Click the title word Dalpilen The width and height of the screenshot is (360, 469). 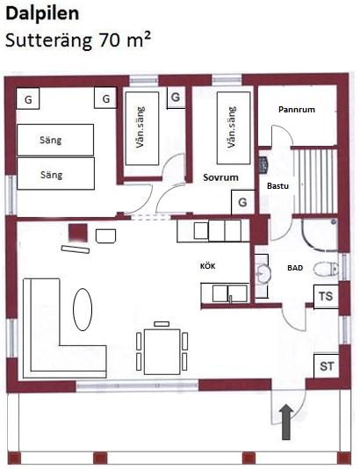coord(42,14)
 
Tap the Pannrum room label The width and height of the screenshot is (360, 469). coord(297,110)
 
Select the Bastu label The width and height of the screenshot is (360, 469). coord(277,185)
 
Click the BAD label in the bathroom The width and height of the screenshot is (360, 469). coord(295,268)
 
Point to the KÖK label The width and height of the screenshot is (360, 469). coord(208,265)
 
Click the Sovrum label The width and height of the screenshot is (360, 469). coord(220,177)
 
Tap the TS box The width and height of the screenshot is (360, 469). coord(326,296)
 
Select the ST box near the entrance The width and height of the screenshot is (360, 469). coord(327,366)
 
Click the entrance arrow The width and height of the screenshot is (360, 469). coord(286,422)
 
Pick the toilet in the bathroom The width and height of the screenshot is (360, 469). coord(326,268)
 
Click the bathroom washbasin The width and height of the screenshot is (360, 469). coord(263,273)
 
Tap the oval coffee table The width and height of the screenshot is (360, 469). coord(83,309)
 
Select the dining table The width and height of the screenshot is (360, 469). coord(162,351)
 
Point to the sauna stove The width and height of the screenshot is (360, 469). coord(263,165)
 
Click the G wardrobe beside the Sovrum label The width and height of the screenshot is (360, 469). coord(243,202)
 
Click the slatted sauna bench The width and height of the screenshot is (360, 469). coord(315,181)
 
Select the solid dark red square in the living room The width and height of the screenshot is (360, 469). coord(78,233)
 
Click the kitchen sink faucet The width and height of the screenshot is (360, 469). coord(230,299)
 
